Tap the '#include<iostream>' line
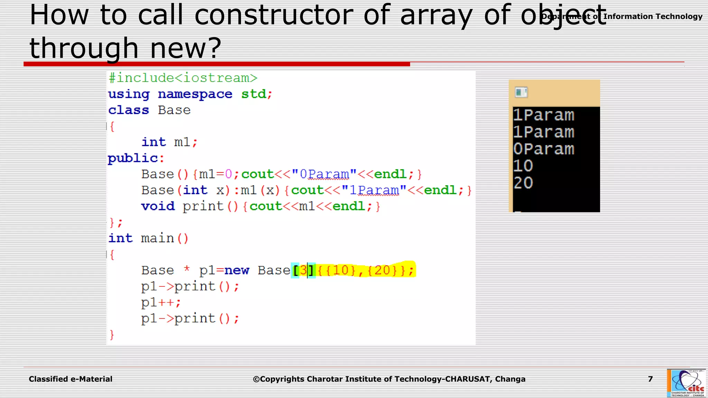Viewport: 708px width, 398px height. click(x=183, y=78)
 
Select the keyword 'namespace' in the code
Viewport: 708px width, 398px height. click(x=195, y=94)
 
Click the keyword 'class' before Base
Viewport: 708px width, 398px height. click(x=128, y=110)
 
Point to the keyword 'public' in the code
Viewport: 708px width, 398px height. click(x=133, y=158)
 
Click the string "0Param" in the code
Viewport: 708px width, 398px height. click(x=324, y=174)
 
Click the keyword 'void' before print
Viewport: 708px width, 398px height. click(x=158, y=206)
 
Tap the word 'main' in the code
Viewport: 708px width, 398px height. click(x=157, y=238)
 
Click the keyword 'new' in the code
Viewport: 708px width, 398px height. click(x=236, y=270)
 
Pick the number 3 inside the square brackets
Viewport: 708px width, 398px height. click(x=303, y=270)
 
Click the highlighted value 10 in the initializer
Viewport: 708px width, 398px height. click(x=341, y=270)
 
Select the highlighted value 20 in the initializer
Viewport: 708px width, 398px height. click(x=382, y=270)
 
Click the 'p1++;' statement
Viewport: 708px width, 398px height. click(x=161, y=303)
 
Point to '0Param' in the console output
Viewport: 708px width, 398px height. click(x=543, y=149)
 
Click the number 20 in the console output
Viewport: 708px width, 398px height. click(x=523, y=183)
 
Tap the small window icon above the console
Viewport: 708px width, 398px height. click(x=521, y=92)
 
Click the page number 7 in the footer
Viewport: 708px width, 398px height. click(x=650, y=379)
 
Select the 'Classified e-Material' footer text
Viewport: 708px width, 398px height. click(x=71, y=379)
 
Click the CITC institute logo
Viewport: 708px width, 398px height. click(x=686, y=383)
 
